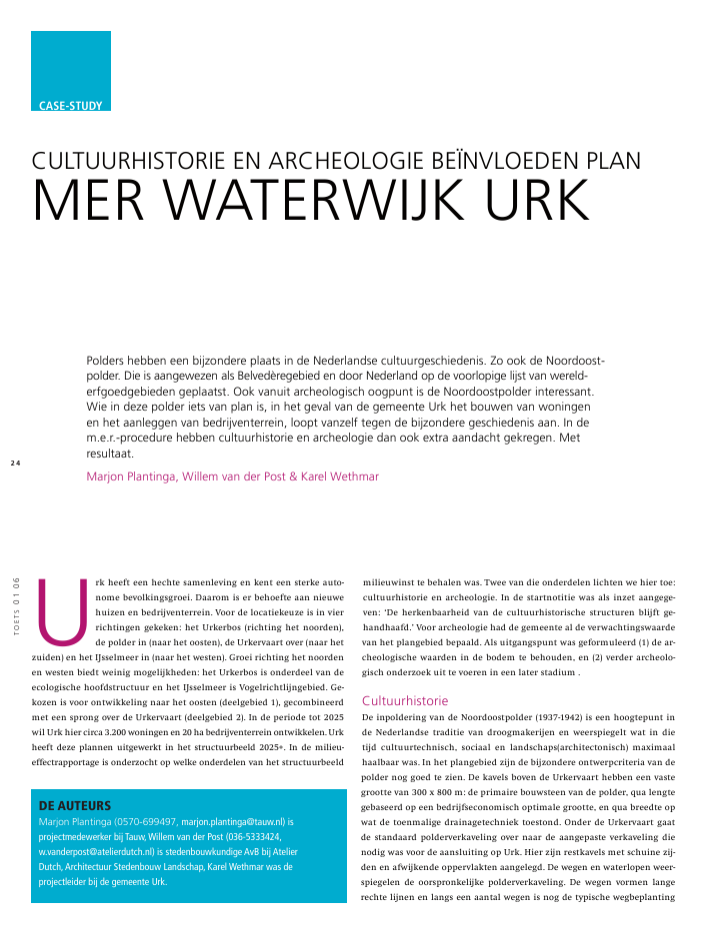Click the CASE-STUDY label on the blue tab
[70, 104]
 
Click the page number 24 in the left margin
[15, 463]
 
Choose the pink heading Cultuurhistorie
[405, 700]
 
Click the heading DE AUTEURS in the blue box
[74, 804]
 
